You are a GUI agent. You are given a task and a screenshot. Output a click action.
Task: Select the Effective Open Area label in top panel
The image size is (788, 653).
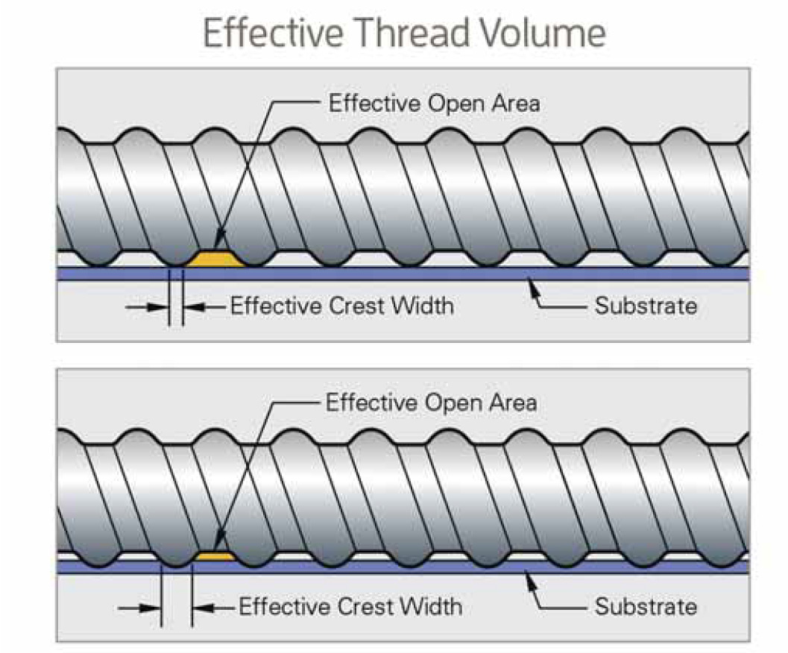pyautogui.click(x=434, y=103)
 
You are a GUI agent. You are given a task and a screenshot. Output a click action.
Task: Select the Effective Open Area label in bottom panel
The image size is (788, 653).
pyautogui.click(x=431, y=403)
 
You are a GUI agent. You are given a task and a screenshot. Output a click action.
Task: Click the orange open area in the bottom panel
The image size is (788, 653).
pyautogui.click(x=215, y=556)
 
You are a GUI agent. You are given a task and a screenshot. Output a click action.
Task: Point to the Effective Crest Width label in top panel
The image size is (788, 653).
pyautogui.click(x=341, y=306)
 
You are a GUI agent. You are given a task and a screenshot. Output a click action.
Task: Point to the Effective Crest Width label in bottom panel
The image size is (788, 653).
pyautogui.click(x=350, y=606)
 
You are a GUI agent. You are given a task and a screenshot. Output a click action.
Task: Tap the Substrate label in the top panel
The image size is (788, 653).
pyautogui.click(x=646, y=306)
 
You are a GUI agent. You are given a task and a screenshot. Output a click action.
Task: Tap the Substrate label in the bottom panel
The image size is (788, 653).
pyautogui.click(x=646, y=606)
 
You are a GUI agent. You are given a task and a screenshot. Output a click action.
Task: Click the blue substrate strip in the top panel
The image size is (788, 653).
pyautogui.click(x=447, y=274)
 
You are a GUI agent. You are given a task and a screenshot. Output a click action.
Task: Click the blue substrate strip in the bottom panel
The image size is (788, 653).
pyautogui.click(x=447, y=567)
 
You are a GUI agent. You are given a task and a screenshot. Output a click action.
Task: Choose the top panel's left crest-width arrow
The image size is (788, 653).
pyautogui.click(x=147, y=306)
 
